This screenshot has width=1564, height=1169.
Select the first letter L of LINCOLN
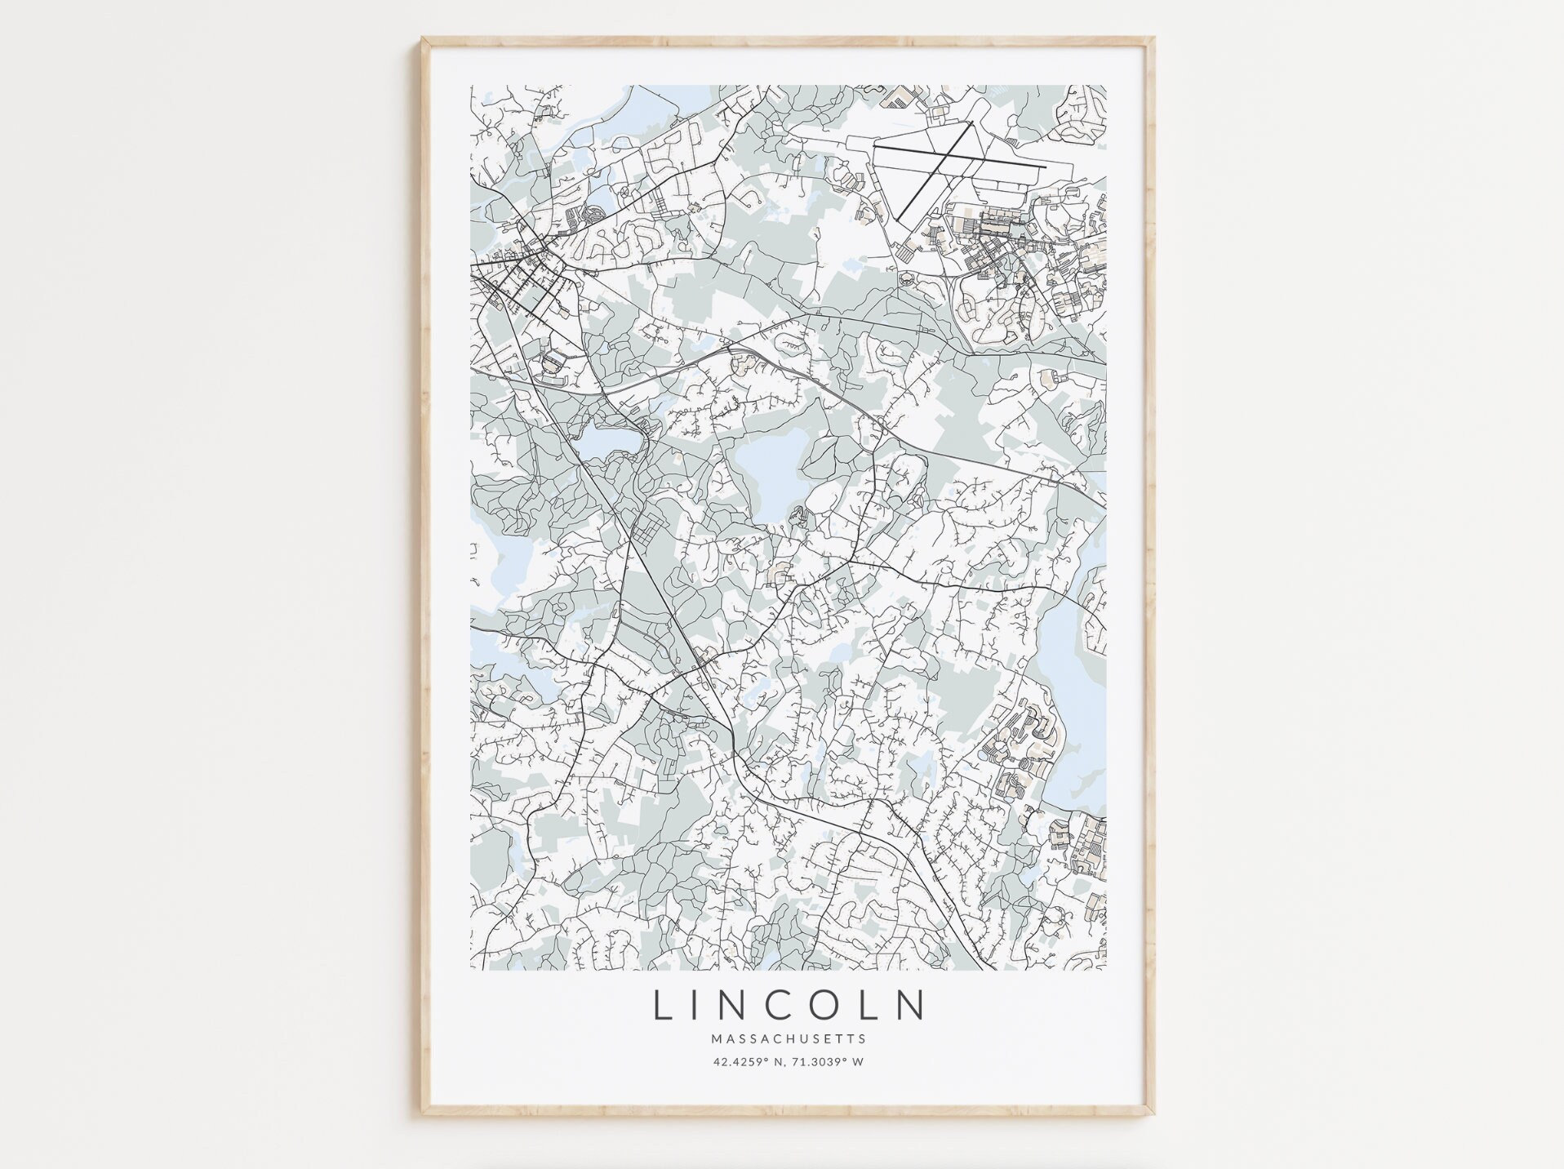pyautogui.click(x=661, y=1006)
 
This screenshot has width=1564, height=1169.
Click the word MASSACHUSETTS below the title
pyautogui.click(x=788, y=1039)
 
